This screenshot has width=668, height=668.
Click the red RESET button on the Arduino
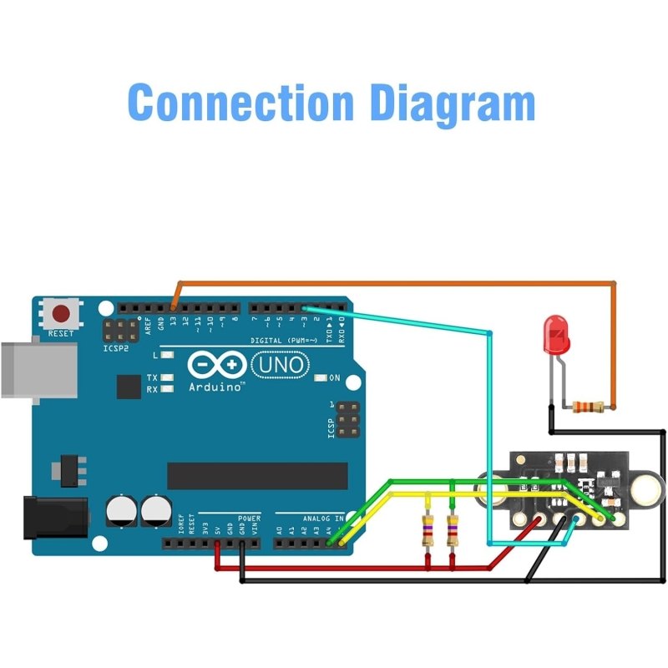61,314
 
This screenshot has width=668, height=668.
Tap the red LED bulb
555,334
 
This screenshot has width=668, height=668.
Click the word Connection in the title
240,103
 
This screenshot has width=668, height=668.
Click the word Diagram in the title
452,103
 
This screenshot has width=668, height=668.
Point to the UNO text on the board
280,365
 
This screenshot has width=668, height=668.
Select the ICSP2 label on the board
116,347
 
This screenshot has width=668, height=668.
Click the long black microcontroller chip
257,475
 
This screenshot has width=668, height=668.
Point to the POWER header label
249,519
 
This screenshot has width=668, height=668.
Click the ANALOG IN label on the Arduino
321,519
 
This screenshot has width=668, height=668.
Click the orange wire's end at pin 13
173,307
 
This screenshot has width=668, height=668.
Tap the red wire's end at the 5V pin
217,544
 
